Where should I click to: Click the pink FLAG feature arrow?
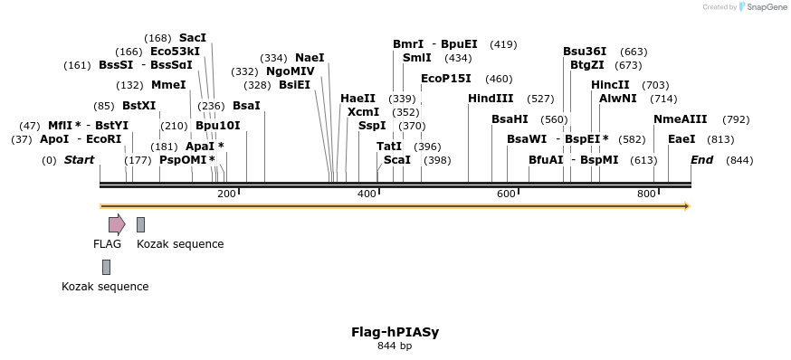117,224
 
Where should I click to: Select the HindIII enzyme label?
491,99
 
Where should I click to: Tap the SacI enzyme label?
193,38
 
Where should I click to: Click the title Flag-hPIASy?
395,332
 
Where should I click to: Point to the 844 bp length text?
395,346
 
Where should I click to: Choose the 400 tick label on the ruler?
367,194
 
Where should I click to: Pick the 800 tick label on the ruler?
646,194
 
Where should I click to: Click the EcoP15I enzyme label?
446,79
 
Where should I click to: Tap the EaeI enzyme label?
681,139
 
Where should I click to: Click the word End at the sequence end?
701,160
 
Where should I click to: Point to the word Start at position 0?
79,160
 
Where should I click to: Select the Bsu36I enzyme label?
585,52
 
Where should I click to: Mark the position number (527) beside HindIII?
540,99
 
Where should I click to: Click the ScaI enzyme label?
397,160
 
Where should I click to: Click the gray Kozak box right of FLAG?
140,224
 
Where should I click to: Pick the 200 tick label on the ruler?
227,194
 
